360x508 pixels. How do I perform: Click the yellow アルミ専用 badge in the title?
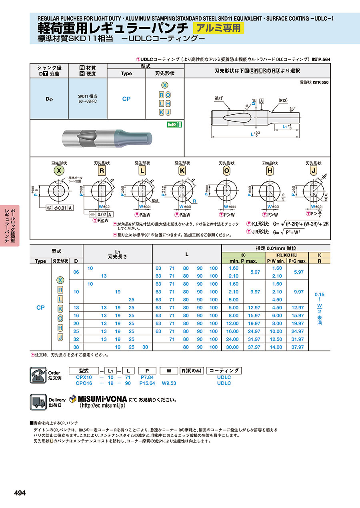pyautogui.click(x=218, y=28)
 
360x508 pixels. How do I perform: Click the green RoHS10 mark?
pyautogui.click(x=174, y=125)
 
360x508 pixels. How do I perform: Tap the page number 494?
pyautogui.click(x=20, y=493)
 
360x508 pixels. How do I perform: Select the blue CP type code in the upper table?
pyautogui.click(x=126, y=99)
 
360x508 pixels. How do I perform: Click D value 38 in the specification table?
pyautogui.click(x=76, y=347)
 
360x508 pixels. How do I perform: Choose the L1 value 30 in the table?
pyautogui.click(x=145, y=347)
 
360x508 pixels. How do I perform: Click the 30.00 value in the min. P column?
pyautogui.click(x=233, y=347)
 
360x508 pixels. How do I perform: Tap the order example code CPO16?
pyautogui.click(x=84, y=383)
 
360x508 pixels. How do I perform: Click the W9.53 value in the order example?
pyautogui.click(x=169, y=383)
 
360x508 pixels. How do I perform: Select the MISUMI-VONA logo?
pyautogui.click(x=98, y=399)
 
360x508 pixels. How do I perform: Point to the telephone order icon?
pyautogui.click(x=38, y=375)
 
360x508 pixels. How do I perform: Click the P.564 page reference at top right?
pyautogui.click(x=324, y=60)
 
